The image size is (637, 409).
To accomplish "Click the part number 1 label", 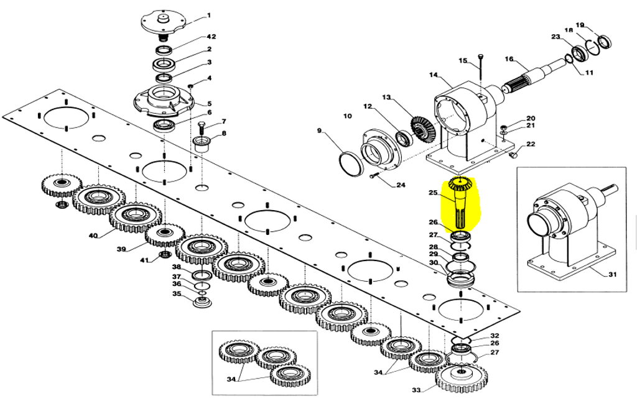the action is click(x=209, y=16).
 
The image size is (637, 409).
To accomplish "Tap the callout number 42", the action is click(x=212, y=37).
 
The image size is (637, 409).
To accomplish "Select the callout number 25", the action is click(x=433, y=193).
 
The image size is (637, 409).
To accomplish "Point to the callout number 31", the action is click(x=612, y=274).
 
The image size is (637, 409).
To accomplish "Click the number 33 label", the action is click(x=416, y=390).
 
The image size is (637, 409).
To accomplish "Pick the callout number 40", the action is click(x=93, y=236).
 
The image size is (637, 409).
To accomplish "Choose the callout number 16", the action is click(x=509, y=59).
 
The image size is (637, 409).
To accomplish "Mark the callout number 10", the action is click(x=347, y=116).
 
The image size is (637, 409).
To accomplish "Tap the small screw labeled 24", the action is click(x=374, y=176).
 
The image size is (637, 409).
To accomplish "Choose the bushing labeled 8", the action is click(x=203, y=144).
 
